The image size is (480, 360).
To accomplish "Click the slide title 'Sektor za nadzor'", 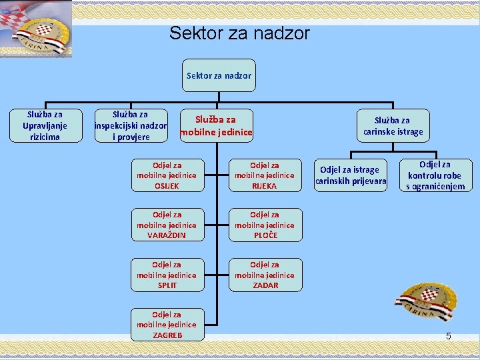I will [239, 33].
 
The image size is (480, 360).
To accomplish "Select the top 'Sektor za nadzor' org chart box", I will [219, 76].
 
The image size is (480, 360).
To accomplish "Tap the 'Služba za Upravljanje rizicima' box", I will [45, 125].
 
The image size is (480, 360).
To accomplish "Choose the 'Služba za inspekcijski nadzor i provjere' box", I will [131, 125].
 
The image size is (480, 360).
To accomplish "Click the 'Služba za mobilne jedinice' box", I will [216, 125].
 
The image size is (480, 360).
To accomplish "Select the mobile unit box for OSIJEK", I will [167, 175].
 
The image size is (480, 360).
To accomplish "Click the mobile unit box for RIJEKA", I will [264, 175].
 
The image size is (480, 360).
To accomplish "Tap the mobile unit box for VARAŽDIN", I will [167, 225].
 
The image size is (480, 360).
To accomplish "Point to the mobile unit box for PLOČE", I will [264, 225].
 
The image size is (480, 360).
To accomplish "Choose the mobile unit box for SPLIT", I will [167, 275].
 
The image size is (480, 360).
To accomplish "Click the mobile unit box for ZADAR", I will [264, 275].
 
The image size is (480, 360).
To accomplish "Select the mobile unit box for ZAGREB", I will [167, 325].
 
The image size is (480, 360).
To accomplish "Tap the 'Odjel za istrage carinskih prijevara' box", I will [351, 175].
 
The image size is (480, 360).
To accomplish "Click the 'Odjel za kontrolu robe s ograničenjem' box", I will [435, 175].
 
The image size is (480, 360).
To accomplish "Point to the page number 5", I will [449, 336].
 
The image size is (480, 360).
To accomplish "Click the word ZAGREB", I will [167, 335].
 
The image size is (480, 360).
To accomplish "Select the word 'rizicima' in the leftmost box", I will [45, 137].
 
